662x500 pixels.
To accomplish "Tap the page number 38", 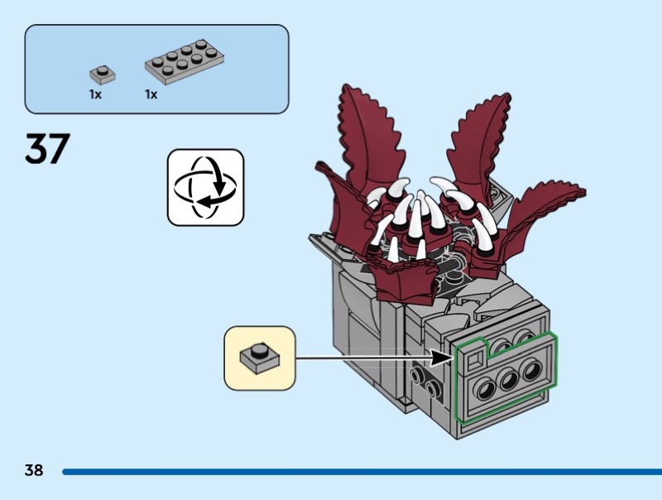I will point(34,471).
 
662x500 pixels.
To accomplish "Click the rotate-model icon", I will point(206,187).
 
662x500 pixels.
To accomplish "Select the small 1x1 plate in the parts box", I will point(102,74).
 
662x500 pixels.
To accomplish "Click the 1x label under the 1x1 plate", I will point(95,94).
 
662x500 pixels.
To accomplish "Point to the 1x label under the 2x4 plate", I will point(151,94).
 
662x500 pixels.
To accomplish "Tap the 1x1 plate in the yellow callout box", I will point(259,358).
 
